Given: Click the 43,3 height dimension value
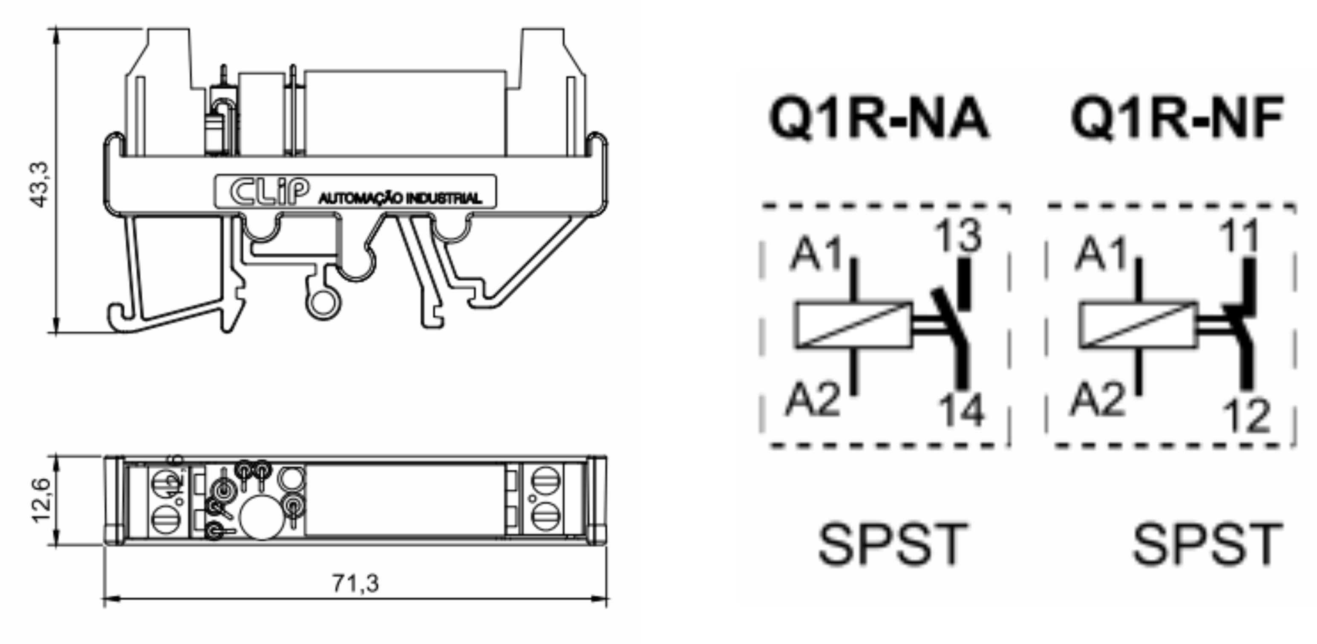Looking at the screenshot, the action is point(40,184).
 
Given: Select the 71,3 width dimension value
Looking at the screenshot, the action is point(356,583).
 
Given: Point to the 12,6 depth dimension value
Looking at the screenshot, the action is point(41,500).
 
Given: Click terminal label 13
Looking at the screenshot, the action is point(959,236).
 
